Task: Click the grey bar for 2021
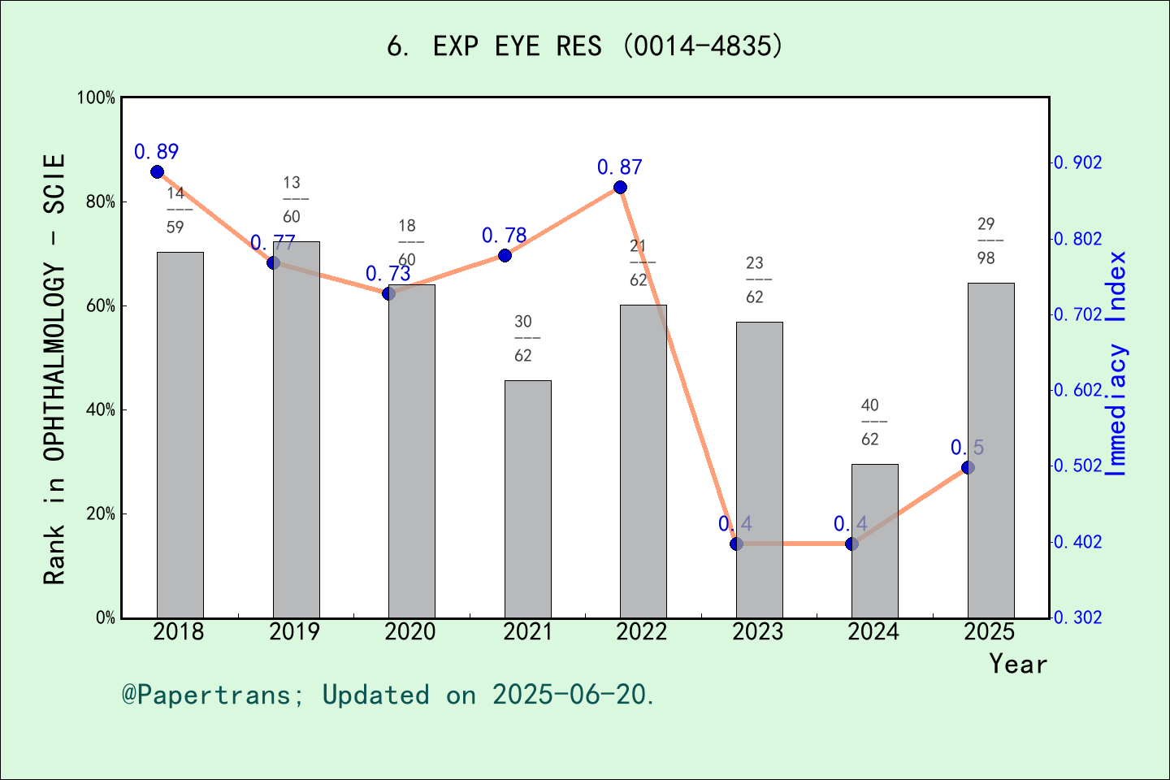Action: (527, 499)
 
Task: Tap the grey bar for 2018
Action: (180, 435)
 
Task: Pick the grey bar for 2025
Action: (990, 450)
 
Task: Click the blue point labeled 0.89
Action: (158, 171)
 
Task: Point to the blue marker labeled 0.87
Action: (620, 188)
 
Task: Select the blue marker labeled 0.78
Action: (505, 256)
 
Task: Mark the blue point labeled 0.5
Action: (968, 467)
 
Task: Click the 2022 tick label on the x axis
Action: (642, 631)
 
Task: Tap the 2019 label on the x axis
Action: (294, 631)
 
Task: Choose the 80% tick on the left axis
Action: (101, 201)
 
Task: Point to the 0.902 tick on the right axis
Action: (1078, 163)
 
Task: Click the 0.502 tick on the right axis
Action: (1078, 466)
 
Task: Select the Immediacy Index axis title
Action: (1118, 363)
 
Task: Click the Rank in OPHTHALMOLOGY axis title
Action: (54, 369)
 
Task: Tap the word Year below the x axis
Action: (1018, 664)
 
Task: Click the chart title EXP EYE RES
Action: (585, 46)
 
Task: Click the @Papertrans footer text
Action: (388, 695)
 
